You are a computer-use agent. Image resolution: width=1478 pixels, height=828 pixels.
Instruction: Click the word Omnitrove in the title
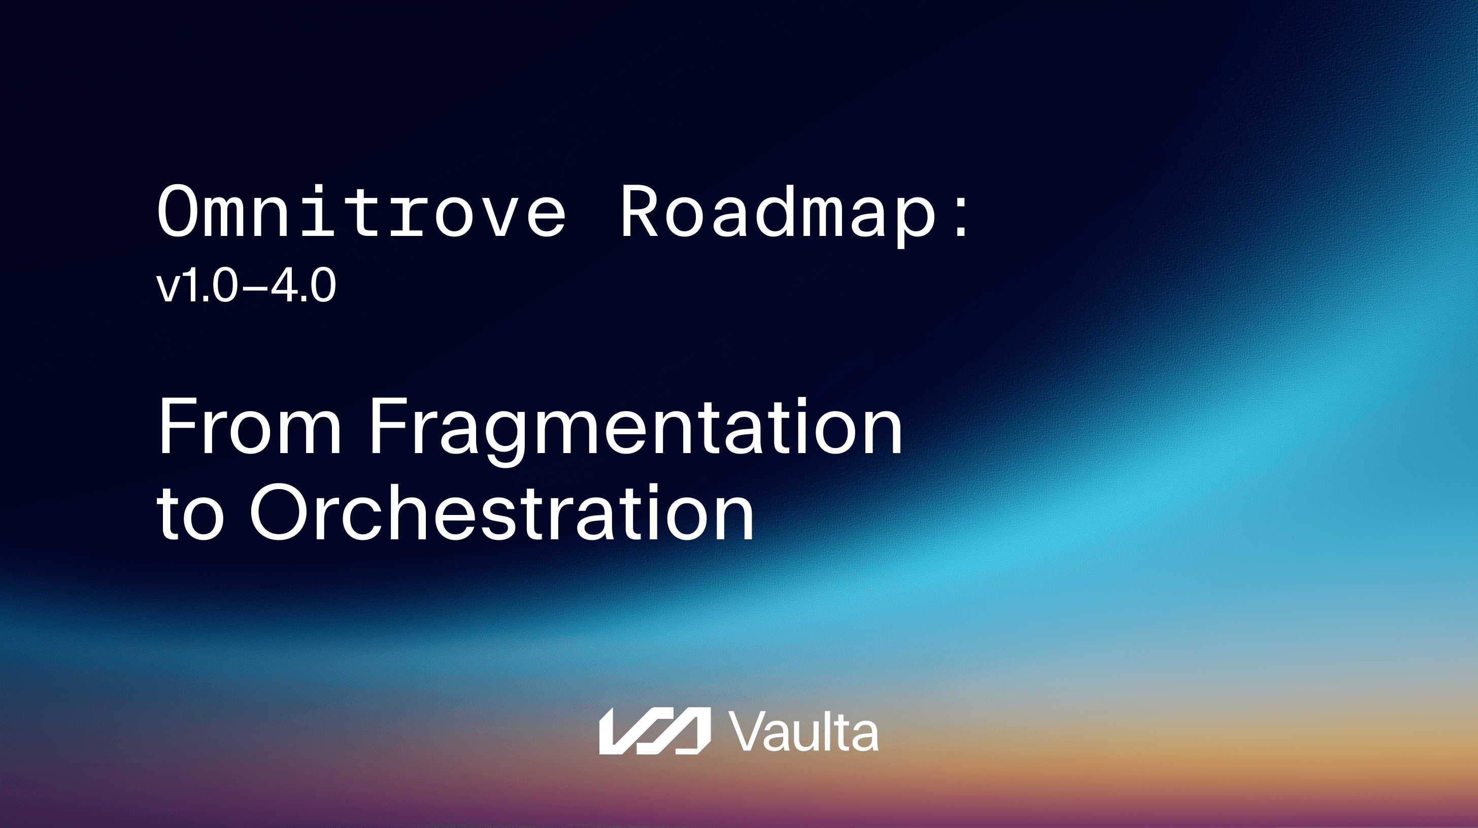point(361,211)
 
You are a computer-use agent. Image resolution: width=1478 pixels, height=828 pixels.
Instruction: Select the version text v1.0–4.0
point(246,286)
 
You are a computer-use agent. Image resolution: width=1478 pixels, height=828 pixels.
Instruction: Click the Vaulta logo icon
point(655,731)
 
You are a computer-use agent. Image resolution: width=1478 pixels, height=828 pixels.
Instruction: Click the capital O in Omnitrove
point(177,211)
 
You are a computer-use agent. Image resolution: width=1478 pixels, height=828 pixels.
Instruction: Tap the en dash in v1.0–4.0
point(255,288)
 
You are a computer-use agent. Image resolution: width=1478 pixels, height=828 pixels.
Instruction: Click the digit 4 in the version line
point(283,286)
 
